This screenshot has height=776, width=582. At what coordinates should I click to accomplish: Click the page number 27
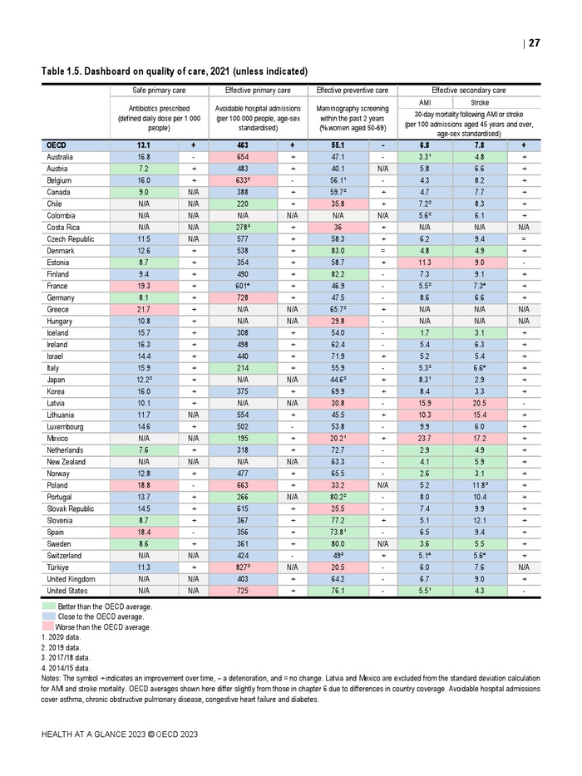click(x=534, y=43)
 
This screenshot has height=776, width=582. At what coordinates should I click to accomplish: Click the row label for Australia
click(x=60, y=156)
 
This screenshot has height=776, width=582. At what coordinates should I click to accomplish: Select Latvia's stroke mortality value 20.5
click(x=480, y=403)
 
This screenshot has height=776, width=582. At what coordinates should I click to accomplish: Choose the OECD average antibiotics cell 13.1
click(x=144, y=145)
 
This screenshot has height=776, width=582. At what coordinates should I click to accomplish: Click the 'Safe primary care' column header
click(x=159, y=90)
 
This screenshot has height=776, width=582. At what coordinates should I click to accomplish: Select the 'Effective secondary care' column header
click(x=468, y=90)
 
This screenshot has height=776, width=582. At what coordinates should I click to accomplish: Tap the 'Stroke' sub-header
click(x=480, y=103)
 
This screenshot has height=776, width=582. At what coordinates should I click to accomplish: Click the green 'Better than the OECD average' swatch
click(x=48, y=607)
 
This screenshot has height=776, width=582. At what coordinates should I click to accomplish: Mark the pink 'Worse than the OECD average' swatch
click(x=48, y=627)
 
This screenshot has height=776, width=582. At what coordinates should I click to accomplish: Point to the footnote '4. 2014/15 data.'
click(x=66, y=667)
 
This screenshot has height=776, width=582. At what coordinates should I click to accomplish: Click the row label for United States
click(x=67, y=591)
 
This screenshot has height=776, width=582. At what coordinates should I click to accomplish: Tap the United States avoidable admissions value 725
click(x=243, y=591)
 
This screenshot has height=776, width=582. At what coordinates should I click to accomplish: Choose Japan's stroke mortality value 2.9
click(x=480, y=379)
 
